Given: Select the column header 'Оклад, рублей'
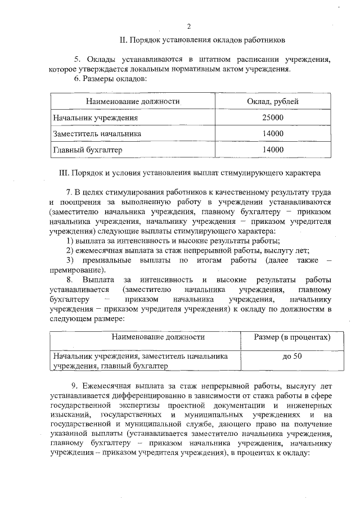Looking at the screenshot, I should pyautogui.click(x=273, y=102).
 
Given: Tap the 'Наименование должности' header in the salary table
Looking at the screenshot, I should pyautogui.click(x=133, y=102).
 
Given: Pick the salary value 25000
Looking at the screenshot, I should pyautogui.click(x=273, y=118).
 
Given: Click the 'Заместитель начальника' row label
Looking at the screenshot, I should pyautogui.click(x=97, y=134).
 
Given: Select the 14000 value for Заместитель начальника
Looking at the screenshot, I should pyautogui.click(x=273, y=134).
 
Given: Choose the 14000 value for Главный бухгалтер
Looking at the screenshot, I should pyautogui.click(x=273, y=150).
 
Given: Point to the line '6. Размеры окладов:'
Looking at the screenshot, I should pyautogui.click(x=110, y=79).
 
